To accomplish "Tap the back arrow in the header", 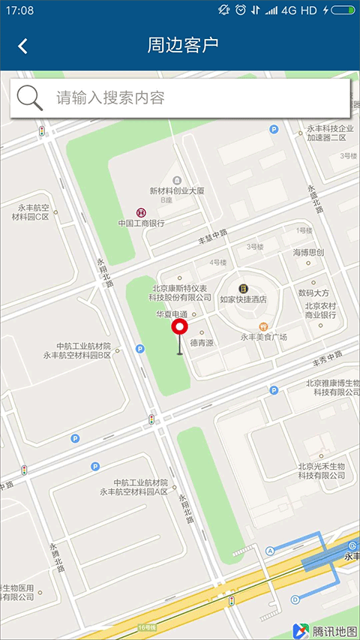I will pos(22,46).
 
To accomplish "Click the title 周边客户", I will pos(183,45).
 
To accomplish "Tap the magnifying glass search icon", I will pos(29,98).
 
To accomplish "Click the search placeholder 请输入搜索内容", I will pos(110,98).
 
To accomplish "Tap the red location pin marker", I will pos(179,328).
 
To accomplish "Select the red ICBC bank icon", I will pos(140,212).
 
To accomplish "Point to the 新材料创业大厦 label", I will pos(177,191).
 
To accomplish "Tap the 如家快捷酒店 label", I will pos(244,299).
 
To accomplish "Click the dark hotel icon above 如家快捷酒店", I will pos(244,288).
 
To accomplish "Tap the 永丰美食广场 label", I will pos(263,337).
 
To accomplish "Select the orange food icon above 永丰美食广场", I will pos(263,326).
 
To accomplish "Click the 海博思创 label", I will pos(307,252).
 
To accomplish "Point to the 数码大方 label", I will pos(313,293).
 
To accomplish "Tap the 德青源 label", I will pos(202,342).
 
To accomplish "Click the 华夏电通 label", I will pos(170,314).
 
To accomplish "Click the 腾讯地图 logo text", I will pos(335,630).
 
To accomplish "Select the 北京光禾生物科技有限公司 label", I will pos(321,471).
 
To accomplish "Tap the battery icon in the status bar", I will pos(343,11).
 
